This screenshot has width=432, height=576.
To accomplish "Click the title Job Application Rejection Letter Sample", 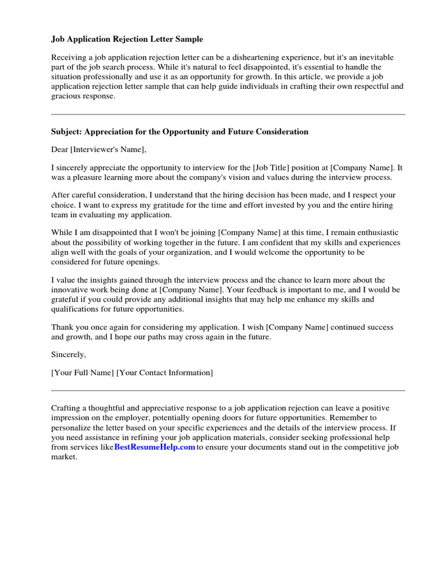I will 127,39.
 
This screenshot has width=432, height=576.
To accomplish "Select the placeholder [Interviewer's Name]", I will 107,150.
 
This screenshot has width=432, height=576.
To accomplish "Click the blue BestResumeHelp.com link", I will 155,447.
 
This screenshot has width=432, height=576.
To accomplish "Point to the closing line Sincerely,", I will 69,354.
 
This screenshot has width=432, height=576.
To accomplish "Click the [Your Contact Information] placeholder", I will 165,372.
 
